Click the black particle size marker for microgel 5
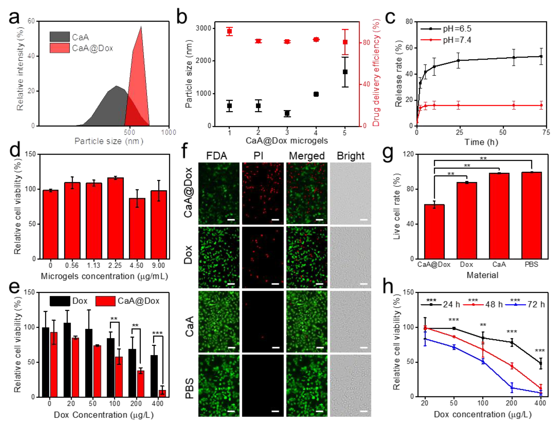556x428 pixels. pos(345,72)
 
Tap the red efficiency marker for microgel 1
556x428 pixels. pos(229,32)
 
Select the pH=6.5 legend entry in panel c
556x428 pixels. pos(446,29)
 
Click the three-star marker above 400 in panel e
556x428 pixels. pos(157,333)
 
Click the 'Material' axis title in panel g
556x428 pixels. pos(482,275)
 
